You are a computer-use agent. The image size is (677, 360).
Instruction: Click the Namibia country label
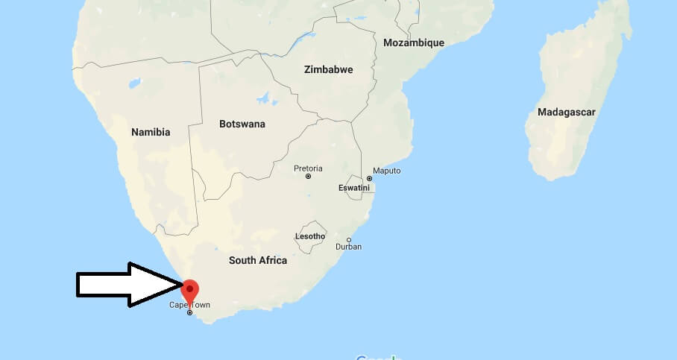pos(151,132)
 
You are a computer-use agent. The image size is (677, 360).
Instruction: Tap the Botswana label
pos(242,124)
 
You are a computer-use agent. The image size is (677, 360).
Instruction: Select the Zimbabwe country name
pos(328,69)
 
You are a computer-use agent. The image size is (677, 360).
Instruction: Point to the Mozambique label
pos(413,42)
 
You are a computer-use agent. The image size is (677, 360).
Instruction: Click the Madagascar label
pos(566,112)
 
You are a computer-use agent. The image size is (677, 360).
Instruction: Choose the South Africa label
pos(258,260)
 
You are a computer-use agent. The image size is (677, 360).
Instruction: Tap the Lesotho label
pos(310,236)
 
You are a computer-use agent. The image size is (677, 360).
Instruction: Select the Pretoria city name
pos(308,168)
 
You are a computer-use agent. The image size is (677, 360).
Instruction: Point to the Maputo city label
pos(386,171)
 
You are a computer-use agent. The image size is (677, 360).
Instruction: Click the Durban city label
pos(348,247)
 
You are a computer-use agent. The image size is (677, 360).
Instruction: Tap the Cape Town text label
pos(189,305)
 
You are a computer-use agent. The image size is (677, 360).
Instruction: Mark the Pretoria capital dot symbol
pos(308,177)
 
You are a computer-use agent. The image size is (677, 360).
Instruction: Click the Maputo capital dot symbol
pos(369,179)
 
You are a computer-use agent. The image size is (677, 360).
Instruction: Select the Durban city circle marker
pos(349,240)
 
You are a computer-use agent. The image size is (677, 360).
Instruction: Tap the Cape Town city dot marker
pos(189,313)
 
